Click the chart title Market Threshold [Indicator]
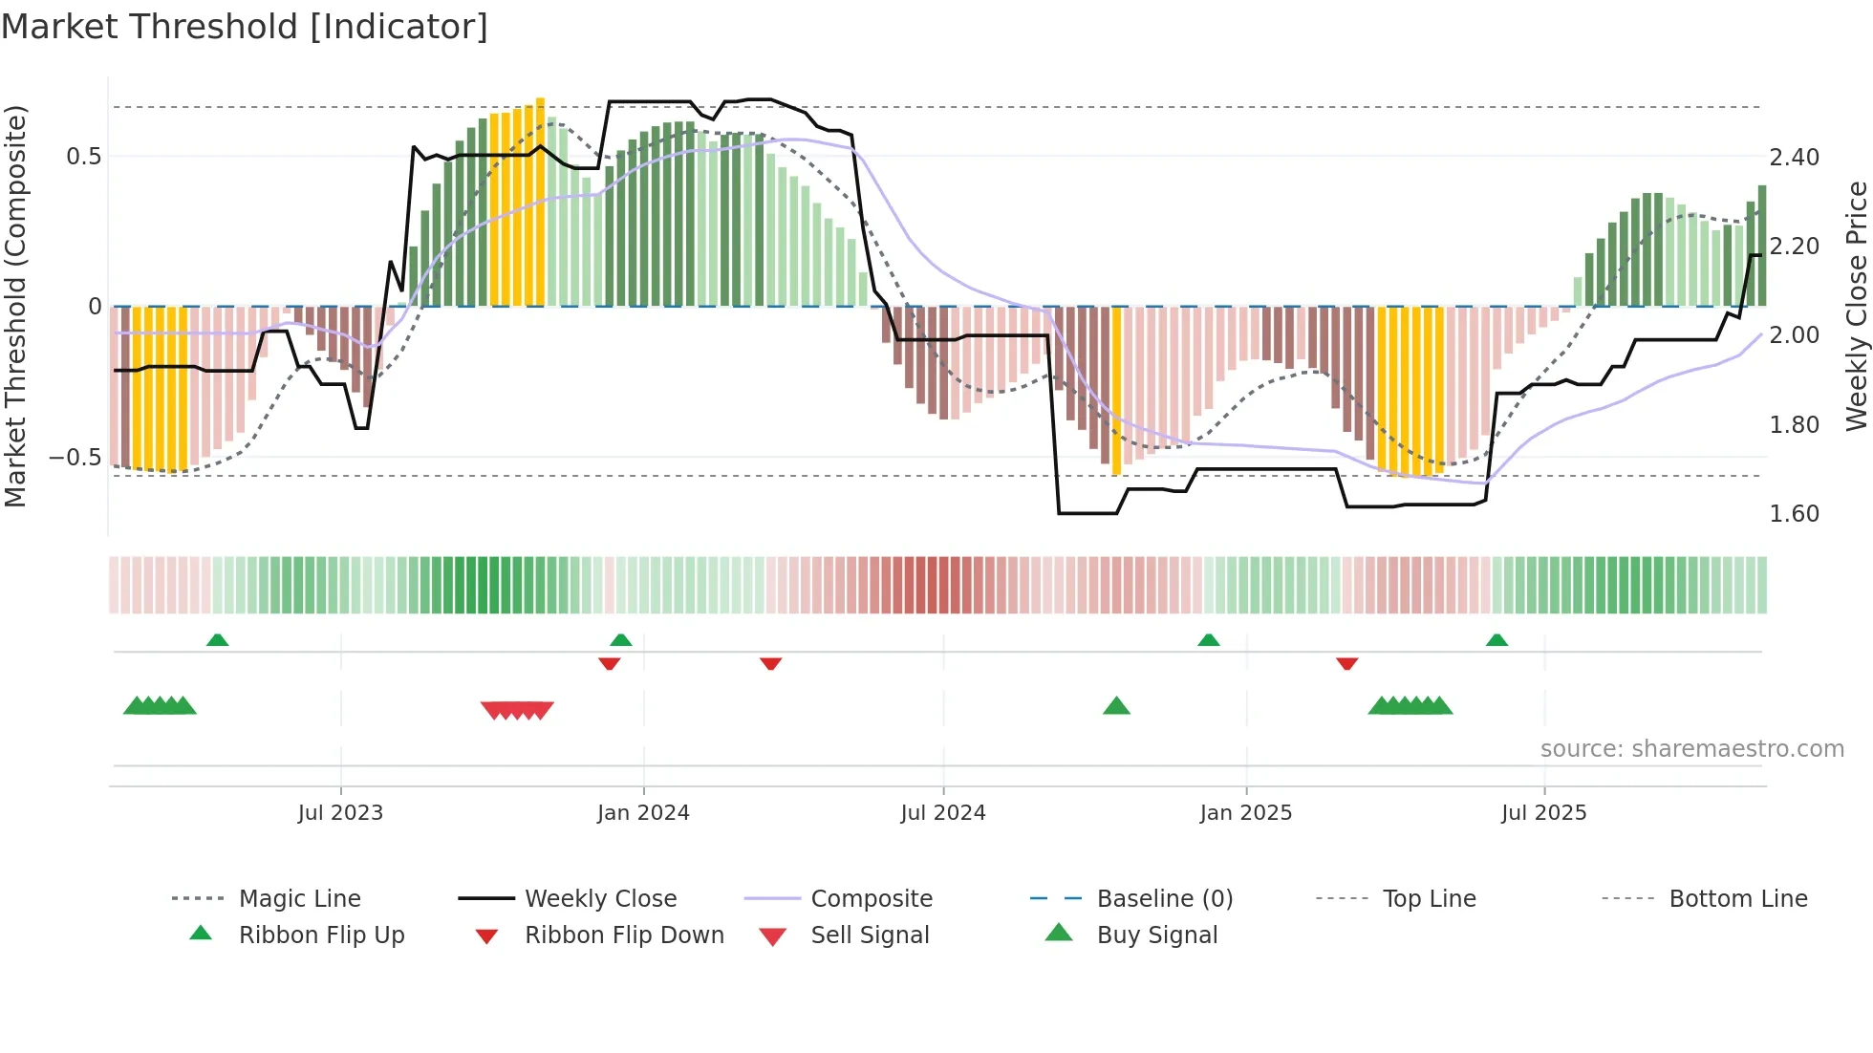point(245,27)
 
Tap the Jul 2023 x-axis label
point(340,813)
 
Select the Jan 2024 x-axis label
point(643,813)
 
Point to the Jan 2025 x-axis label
point(1245,813)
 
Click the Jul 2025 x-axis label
point(1543,813)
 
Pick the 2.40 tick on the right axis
point(1794,158)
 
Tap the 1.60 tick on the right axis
point(1794,514)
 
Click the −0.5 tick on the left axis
point(75,458)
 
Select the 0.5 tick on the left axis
point(83,157)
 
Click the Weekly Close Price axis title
point(1856,306)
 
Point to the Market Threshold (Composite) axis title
point(15,306)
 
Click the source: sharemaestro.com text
point(1691,749)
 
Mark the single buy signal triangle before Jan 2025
point(1116,706)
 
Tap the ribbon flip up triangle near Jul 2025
point(1496,640)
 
